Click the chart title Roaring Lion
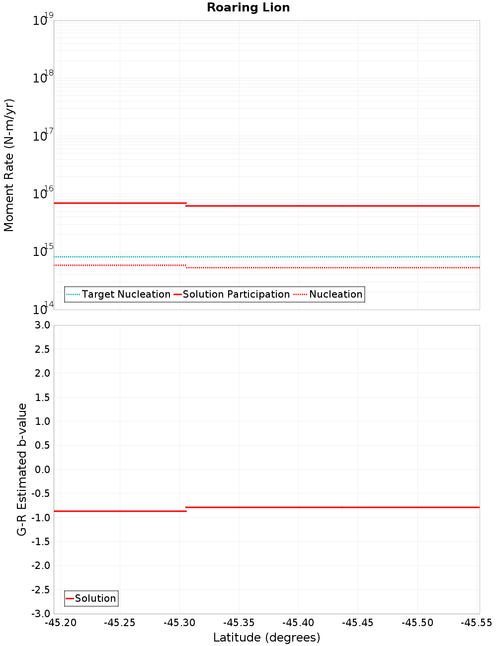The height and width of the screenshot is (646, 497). (x=248, y=8)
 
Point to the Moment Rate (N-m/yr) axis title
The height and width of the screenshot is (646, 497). (x=9, y=165)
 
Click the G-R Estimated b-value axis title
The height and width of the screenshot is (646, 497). (x=22, y=470)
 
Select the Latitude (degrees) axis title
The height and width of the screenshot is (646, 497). (x=266, y=638)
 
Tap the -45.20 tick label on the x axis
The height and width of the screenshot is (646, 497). (x=61, y=623)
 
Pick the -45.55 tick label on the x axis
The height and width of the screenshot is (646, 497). (x=476, y=623)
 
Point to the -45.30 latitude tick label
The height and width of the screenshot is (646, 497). (x=179, y=623)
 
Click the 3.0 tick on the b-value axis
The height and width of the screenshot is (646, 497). (x=42, y=325)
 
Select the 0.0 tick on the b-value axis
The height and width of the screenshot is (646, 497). (x=42, y=470)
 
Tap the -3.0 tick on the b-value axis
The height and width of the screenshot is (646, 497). (x=40, y=614)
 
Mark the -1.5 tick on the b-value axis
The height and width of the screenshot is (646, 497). (x=40, y=542)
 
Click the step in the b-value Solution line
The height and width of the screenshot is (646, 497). (x=186, y=509)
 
